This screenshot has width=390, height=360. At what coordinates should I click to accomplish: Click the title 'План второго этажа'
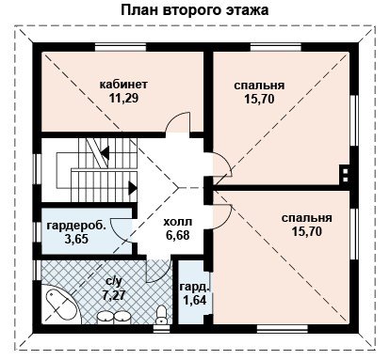click(x=194, y=10)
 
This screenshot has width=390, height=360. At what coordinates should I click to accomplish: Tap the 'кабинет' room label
click(x=123, y=85)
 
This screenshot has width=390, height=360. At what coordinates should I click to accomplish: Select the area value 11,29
click(x=123, y=99)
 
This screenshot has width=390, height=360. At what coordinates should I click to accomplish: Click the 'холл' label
click(x=178, y=222)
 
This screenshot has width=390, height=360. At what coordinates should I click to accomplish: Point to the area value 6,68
click(x=178, y=235)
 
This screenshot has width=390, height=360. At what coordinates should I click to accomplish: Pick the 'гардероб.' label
click(x=76, y=226)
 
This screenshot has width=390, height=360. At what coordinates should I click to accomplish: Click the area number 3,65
click(x=76, y=239)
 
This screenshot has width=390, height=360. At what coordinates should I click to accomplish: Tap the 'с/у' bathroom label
click(x=114, y=282)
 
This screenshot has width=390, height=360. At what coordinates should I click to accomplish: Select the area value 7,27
click(x=114, y=295)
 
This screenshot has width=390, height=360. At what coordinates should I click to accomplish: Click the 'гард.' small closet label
click(x=195, y=287)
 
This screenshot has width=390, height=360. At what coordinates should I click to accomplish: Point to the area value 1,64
click(x=195, y=300)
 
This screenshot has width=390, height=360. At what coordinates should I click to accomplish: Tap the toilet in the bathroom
click(x=162, y=315)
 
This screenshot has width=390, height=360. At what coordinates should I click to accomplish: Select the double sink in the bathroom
click(x=113, y=317)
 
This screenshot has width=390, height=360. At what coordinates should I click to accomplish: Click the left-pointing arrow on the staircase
click(x=105, y=153)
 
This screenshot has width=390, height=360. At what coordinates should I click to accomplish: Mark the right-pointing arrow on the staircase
click(x=133, y=188)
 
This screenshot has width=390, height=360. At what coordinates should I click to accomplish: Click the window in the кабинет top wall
click(x=121, y=47)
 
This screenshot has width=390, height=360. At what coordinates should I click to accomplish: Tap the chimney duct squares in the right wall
click(x=345, y=175)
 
